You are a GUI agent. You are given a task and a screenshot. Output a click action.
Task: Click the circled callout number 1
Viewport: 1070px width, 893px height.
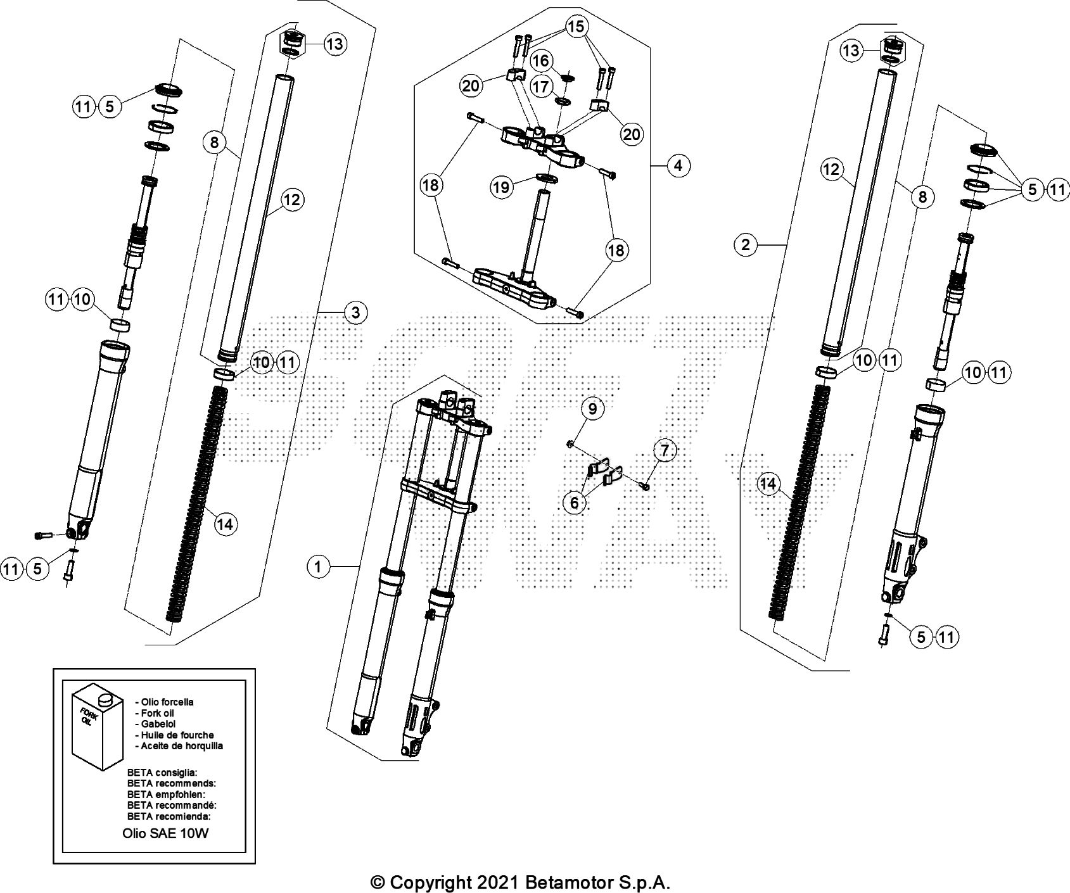pyautogui.click(x=319, y=566)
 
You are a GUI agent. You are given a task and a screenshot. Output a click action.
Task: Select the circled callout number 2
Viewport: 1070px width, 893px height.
pyautogui.click(x=746, y=244)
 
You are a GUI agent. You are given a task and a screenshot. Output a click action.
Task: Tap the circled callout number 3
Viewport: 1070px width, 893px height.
pyautogui.click(x=356, y=312)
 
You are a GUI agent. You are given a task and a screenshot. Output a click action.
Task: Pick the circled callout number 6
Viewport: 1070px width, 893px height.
pyautogui.click(x=575, y=502)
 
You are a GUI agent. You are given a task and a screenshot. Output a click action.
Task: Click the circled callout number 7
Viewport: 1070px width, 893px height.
pyautogui.click(x=664, y=451)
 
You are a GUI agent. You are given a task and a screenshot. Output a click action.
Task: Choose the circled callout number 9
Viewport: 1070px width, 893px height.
pyautogui.click(x=592, y=408)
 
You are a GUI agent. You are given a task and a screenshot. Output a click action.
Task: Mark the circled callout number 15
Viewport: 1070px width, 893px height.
pyautogui.click(x=576, y=27)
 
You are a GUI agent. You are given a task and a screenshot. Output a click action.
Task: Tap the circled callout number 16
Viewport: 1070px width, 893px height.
pyautogui.click(x=541, y=61)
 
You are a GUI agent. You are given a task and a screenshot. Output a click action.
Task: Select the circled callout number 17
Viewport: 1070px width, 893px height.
pyautogui.click(x=541, y=86)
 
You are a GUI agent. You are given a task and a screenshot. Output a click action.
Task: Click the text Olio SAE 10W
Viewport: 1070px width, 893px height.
pyautogui.click(x=165, y=833)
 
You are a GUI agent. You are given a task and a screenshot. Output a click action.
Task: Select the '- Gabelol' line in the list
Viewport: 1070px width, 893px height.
pyautogui.click(x=155, y=723)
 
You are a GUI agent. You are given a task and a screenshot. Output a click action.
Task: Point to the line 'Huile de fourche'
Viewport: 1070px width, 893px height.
pyautogui.click(x=177, y=735)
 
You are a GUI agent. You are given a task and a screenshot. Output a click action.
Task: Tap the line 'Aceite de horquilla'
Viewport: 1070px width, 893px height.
pyautogui.click(x=180, y=746)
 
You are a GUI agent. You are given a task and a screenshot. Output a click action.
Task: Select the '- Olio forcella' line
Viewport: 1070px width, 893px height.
pyautogui.click(x=165, y=702)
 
